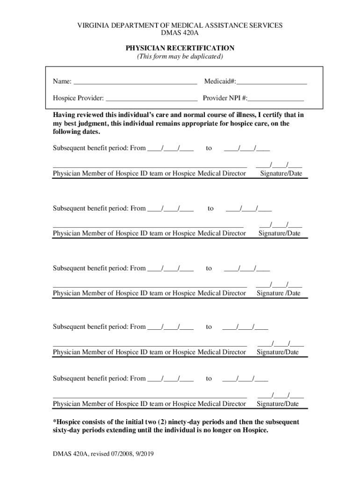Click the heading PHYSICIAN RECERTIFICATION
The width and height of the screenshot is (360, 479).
(180, 48)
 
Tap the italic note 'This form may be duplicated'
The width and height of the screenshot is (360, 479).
(180, 57)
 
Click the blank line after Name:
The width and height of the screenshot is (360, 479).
(135, 83)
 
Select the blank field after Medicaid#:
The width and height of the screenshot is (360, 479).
(271, 83)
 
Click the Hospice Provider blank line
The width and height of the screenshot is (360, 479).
(151, 100)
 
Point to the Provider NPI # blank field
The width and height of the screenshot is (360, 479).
(276, 100)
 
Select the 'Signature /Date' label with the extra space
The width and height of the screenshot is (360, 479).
(278, 293)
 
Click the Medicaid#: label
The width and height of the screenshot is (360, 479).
(220, 82)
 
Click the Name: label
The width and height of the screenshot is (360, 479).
(62, 82)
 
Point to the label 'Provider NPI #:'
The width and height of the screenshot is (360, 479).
(225, 99)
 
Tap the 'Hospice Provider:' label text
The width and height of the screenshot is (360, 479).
(78, 99)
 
